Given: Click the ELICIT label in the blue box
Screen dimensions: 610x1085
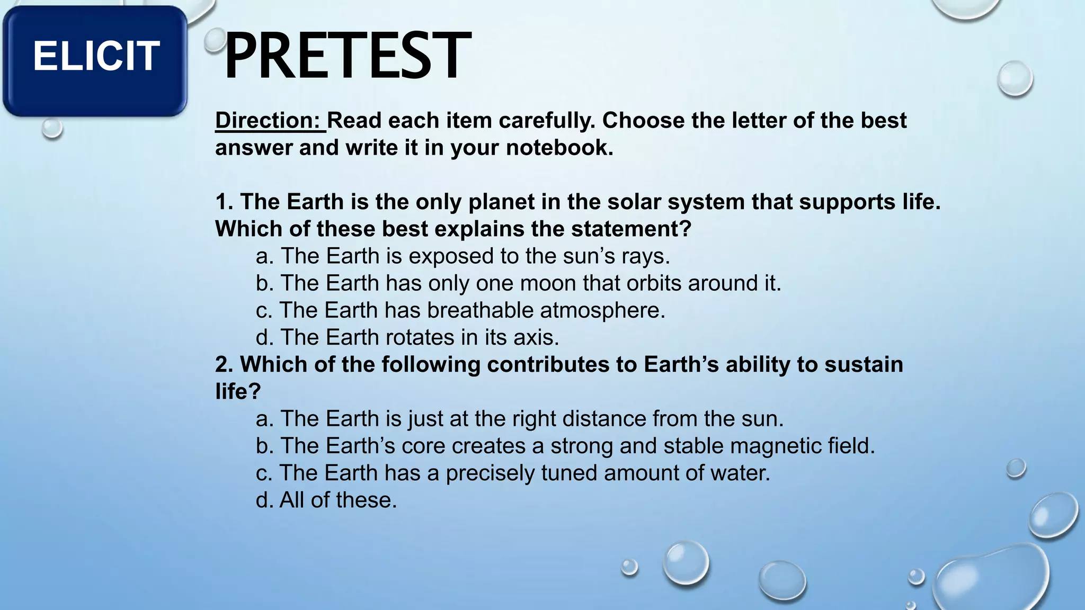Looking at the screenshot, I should [96, 56].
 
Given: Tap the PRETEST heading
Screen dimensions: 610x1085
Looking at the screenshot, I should [347, 56].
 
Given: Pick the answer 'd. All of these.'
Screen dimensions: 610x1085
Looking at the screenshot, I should [326, 500].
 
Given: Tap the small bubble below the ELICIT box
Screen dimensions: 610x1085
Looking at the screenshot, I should [52, 128].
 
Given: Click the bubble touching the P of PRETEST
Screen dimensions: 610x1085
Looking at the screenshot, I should [215, 41].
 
